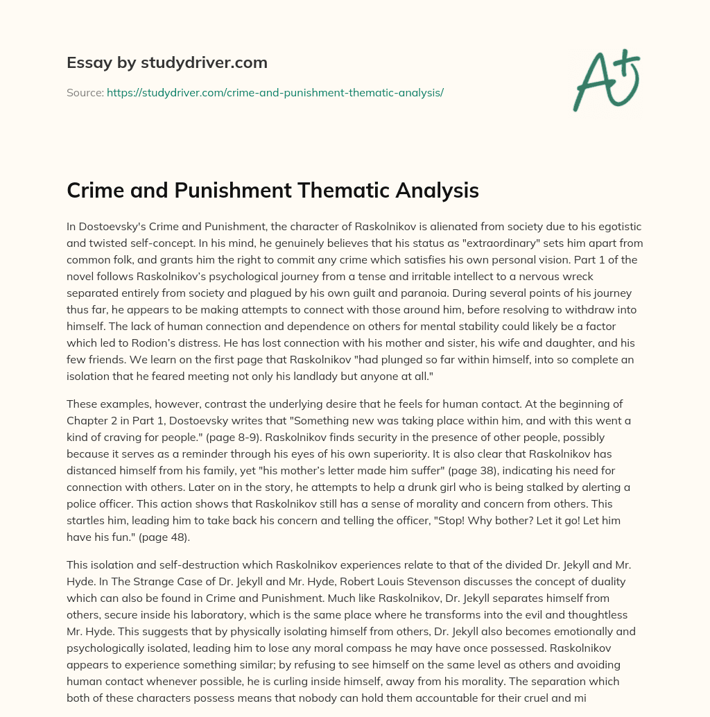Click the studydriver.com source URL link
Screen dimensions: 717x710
coord(275,92)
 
